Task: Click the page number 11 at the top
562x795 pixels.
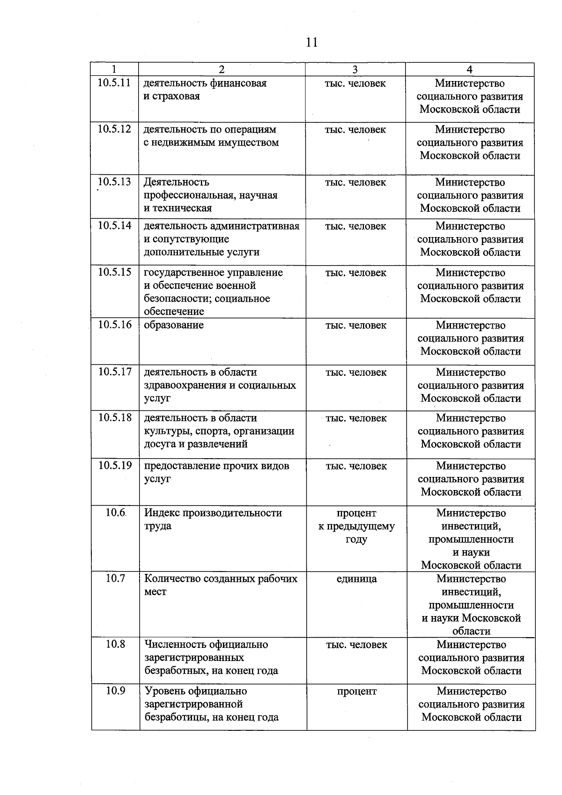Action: [x=311, y=42]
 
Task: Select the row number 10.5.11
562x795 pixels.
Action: [x=114, y=83]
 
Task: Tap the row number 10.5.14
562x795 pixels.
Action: [x=115, y=225]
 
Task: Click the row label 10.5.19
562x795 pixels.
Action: [x=115, y=465]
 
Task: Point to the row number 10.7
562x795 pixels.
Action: [x=115, y=578]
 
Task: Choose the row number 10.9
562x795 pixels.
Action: [x=115, y=691]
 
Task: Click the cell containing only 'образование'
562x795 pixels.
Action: [x=174, y=325]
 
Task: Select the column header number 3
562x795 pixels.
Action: [x=355, y=69]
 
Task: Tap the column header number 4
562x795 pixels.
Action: [x=470, y=69]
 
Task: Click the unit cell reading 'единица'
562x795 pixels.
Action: [x=356, y=579]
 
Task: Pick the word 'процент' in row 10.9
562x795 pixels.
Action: [x=356, y=691]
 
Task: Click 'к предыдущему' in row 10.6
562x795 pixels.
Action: [x=356, y=526]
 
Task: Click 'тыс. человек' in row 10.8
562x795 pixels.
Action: [x=356, y=645]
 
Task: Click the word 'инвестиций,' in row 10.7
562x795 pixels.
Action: [x=471, y=592]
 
